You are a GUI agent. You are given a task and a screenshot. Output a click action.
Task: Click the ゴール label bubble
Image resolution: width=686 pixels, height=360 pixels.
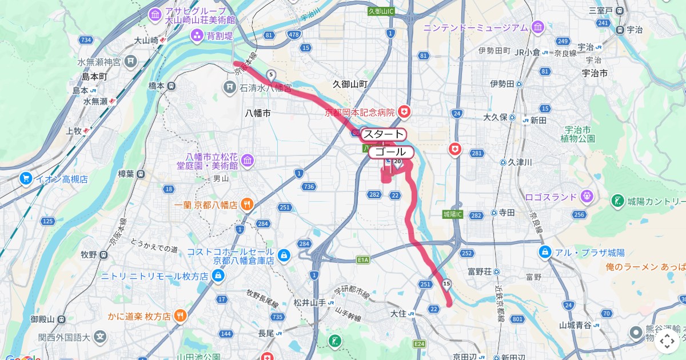(390, 152)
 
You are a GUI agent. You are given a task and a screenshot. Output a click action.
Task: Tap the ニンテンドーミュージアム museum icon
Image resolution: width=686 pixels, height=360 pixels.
(537, 27)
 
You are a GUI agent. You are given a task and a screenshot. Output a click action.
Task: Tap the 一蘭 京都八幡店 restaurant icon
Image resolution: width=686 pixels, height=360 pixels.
(247, 204)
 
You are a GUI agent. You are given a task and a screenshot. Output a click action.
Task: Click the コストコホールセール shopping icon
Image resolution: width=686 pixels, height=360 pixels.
(284, 255)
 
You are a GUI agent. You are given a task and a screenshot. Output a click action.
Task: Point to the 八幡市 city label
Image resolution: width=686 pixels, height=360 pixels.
(257, 113)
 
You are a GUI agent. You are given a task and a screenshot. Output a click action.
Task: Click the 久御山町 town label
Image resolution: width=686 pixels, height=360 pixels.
(350, 84)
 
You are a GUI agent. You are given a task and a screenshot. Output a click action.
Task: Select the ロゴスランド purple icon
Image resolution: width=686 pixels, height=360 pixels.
(586, 197)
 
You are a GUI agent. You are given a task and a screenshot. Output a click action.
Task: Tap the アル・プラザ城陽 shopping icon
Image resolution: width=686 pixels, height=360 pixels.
(545, 252)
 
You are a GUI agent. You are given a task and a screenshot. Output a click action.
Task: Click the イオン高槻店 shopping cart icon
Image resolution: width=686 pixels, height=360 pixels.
(25, 179)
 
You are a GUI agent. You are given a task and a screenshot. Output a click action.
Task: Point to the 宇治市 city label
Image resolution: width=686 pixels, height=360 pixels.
(594, 73)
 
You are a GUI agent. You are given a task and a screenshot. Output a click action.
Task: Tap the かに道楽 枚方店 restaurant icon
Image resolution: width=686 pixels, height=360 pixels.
(180, 315)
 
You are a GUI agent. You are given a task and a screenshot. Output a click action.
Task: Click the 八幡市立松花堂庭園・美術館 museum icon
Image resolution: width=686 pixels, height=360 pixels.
(247, 161)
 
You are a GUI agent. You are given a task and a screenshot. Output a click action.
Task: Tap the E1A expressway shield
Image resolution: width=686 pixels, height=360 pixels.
(364, 260)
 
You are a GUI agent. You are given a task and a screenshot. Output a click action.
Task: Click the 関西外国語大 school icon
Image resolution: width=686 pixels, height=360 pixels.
(101, 337)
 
